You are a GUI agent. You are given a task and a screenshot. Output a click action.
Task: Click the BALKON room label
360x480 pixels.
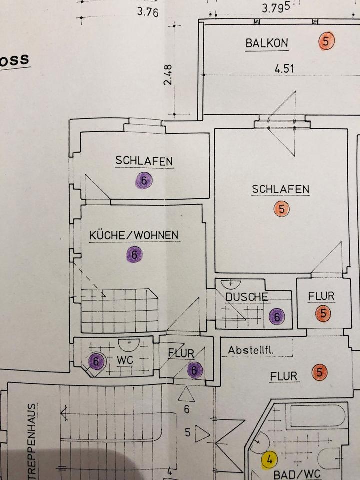click(x=267, y=43)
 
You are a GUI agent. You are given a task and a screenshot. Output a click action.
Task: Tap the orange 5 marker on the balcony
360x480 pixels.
click(x=326, y=41)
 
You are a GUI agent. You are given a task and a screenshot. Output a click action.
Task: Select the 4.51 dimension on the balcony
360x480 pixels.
click(x=284, y=69)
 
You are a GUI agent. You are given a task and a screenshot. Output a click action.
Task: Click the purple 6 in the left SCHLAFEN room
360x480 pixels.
click(x=144, y=181)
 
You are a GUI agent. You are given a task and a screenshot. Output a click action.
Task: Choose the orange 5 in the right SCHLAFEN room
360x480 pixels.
click(x=282, y=209)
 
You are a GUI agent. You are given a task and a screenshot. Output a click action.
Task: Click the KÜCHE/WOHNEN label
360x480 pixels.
click(x=134, y=236)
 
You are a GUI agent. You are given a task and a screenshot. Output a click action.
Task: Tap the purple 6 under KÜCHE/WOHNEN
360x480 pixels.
click(x=134, y=254)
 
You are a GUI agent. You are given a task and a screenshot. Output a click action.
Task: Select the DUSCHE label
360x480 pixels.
click(x=247, y=297)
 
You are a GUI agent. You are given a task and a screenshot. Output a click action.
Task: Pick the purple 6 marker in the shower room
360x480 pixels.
click(x=276, y=316)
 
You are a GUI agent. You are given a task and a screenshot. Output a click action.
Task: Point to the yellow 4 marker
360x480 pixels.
click(x=270, y=459)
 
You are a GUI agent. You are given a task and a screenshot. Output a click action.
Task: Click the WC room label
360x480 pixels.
click(x=124, y=360)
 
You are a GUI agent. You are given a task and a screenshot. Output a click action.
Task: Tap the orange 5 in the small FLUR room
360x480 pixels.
click(x=323, y=314)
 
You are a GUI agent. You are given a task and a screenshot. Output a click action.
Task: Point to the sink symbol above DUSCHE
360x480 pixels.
click(x=230, y=283)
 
